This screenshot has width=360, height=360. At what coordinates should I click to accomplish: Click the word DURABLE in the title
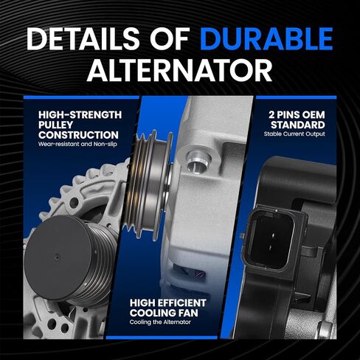(266, 38)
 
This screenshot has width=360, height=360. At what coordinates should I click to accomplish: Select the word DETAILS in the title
(83, 38)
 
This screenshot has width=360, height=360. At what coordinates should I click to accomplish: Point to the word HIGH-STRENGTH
(80, 115)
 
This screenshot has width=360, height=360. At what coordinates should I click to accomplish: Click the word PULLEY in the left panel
(55, 125)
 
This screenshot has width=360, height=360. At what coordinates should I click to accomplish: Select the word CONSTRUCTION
(78, 135)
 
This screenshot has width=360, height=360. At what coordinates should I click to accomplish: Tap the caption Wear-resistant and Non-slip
(77, 144)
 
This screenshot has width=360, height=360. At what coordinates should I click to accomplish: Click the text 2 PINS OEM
(297, 115)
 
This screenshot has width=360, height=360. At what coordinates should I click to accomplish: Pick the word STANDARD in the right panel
(298, 125)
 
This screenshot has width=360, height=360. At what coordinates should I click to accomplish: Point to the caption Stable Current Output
(294, 134)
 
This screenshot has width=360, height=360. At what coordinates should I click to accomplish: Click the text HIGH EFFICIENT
(168, 303)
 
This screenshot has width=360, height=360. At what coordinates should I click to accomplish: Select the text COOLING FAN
(164, 313)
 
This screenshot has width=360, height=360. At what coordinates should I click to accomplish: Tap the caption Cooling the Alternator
(160, 322)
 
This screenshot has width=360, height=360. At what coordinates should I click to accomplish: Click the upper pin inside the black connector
(273, 235)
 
